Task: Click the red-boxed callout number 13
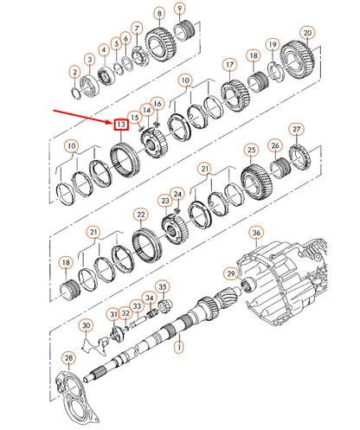click(121, 125)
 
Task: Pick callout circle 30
click(85, 325)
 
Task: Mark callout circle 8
click(158, 13)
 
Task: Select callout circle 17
click(229, 65)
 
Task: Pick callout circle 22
click(140, 214)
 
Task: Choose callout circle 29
click(230, 273)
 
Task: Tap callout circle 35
click(162, 286)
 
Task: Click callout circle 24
click(178, 194)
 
